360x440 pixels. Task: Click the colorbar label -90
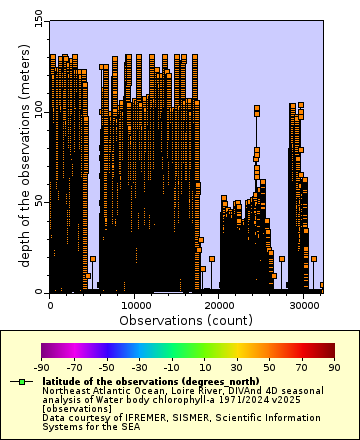(41, 368)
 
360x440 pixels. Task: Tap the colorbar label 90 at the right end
(334, 368)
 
